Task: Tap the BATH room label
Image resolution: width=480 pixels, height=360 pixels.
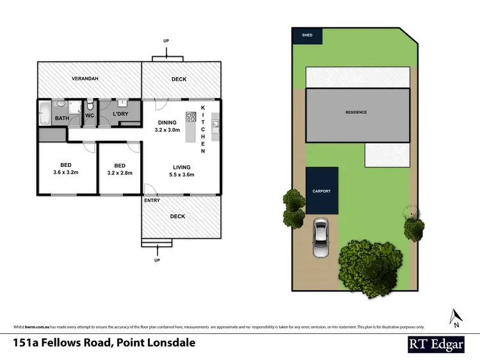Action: pyautogui.click(x=62, y=118)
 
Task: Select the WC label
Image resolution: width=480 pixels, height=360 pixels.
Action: pyautogui.click(x=90, y=116)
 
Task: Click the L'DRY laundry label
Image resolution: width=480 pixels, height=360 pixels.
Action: pyautogui.click(x=121, y=114)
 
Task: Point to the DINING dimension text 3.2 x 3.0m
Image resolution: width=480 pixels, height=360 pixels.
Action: pyautogui.click(x=168, y=130)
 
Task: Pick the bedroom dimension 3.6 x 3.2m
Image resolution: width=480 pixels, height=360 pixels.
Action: pyautogui.click(x=66, y=172)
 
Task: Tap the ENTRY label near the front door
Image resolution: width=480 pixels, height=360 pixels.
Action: pyautogui.click(x=153, y=200)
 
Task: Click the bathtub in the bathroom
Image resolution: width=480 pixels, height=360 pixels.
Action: pyautogui.click(x=44, y=113)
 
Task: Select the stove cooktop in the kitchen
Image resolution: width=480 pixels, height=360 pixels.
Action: pyautogui.click(x=190, y=117)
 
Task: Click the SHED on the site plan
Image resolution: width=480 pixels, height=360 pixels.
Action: pyautogui.click(x=303, y=36)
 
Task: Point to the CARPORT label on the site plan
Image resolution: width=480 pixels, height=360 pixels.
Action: pyautogui.click(x=321, y=191)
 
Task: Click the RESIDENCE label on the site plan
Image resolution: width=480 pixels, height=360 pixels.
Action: pyautogui.click(x=356, y=113)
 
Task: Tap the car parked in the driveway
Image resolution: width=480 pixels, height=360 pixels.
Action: pyautogui.click(x=321, y=238)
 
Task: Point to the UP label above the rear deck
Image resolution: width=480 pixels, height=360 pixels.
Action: pyautogui.click(x=166, y=40)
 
